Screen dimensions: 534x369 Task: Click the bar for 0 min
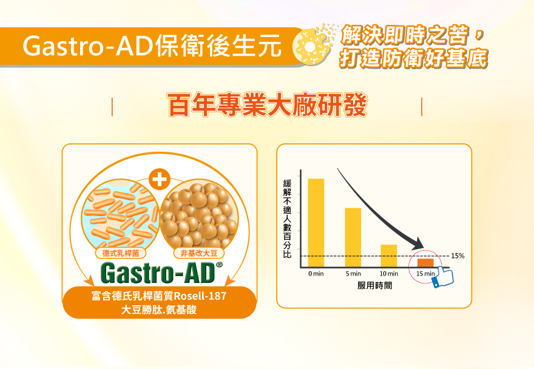coord(316,223)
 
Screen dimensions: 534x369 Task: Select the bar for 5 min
coord(353,237)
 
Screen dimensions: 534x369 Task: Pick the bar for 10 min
coord(388,256)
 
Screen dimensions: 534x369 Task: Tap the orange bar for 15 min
coord(425,263)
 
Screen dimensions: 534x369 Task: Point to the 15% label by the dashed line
coord(458,256)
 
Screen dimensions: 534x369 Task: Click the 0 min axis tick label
coord(316,274)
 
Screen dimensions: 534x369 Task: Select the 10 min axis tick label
coord(388,274)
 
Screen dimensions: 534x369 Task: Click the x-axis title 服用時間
coord(374,285)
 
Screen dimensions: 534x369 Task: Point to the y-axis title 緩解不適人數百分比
coord(287,218)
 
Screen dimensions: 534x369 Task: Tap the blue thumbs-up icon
coord(443,277)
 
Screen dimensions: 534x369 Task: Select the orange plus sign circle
coord(160,179)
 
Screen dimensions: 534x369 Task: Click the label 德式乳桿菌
coord(121,253)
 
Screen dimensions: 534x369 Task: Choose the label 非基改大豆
coord(199,253)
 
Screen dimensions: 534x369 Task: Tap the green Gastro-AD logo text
coord(158,273)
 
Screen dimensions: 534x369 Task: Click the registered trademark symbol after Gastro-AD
coord(219,265)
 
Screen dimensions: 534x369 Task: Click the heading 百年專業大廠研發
coord(267,105)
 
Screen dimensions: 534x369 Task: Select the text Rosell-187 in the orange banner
coord(200,296)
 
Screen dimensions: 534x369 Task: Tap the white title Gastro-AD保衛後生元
coord(152,46)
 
